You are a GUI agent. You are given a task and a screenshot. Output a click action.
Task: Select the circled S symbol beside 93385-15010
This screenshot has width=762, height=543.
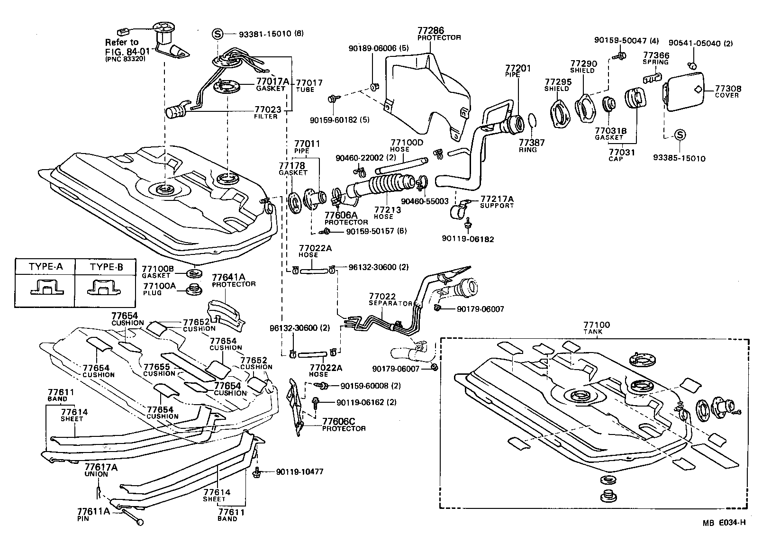[x=679, y=135]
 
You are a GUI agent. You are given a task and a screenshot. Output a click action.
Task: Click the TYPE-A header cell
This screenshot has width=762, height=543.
[x=45, y=267]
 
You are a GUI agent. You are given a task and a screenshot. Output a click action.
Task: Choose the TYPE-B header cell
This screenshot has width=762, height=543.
[x=107, y=267]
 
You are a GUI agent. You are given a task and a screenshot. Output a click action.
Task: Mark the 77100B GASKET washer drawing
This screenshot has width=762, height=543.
[x=193, y=273]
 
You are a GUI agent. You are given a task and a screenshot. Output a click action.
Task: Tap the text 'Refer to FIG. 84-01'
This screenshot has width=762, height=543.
[x=122, y=47]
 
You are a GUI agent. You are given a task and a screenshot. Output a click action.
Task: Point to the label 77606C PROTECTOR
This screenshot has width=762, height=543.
[x=344, y=424]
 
